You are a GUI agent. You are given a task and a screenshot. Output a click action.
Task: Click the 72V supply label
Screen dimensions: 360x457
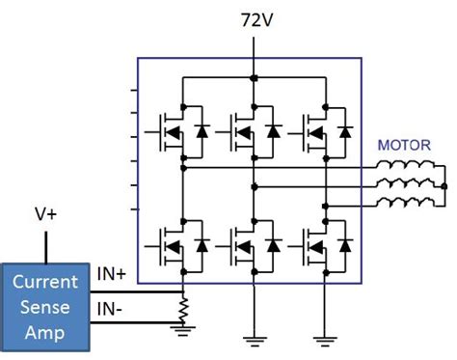(x=253, y=18)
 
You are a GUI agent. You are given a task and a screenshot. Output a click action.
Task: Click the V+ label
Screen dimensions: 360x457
(x=45, y=217)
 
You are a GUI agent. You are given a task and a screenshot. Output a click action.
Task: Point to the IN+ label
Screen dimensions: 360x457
(x=114, y=276)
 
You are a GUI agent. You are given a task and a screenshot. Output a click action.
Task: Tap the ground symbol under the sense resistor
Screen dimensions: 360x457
(x=181, y=330)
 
